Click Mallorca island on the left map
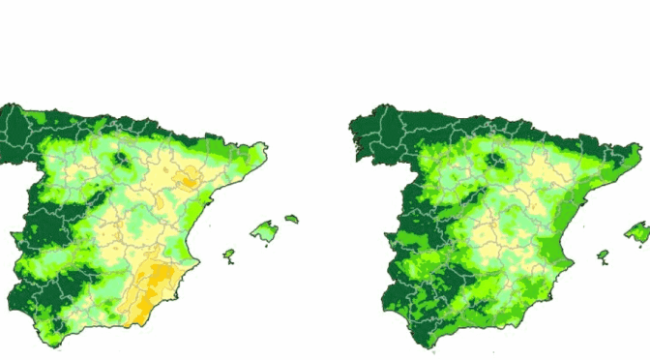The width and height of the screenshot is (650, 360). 263,231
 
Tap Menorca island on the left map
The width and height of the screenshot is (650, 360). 290,220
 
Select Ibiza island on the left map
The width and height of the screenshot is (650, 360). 229,255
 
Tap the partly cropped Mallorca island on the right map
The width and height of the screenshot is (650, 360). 638,232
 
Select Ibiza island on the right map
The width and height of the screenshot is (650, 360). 603,256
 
